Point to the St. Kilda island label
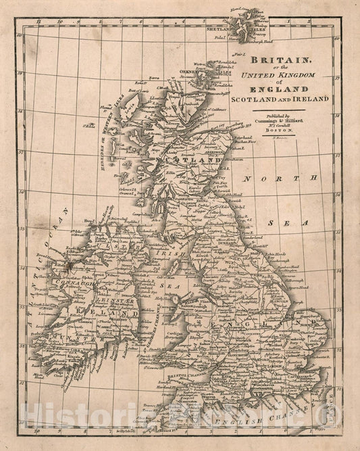coord(88,125)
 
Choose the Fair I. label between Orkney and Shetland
coord(238,53)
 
